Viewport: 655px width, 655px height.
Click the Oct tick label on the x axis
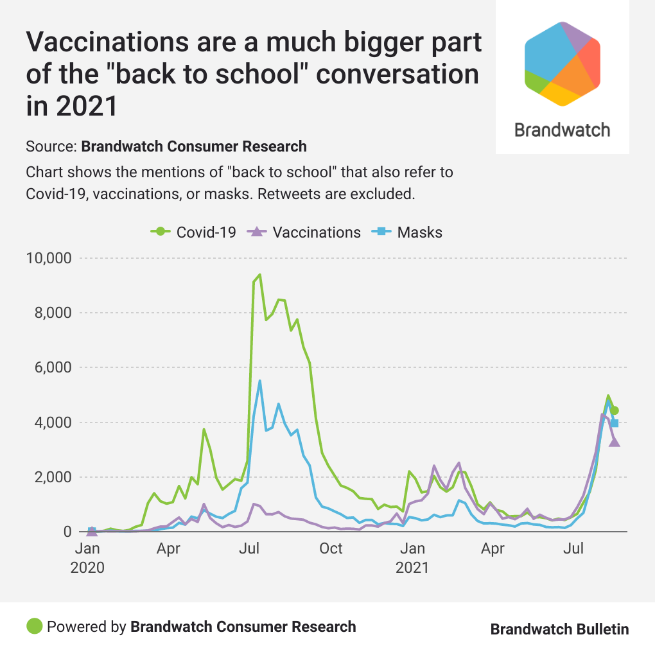coord(331,549)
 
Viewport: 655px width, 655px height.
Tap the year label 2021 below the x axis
coord(412,568)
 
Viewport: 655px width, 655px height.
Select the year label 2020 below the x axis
coord(87,568)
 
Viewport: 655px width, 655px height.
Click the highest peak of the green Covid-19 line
coord(259,275)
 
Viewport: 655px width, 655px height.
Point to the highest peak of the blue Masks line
coord(259,381)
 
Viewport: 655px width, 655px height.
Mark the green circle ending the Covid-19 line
coord(614,411)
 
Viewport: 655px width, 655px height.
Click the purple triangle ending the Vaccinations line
coord(614,441)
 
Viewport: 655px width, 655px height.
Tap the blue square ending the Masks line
coord(615,423)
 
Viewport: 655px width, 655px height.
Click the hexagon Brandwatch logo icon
coord(563,63)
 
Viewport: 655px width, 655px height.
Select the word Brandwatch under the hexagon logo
coord(563,130)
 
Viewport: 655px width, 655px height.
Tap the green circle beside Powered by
coord(35,626)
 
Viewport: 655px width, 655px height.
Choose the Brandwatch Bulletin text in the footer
coord(559,629)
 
